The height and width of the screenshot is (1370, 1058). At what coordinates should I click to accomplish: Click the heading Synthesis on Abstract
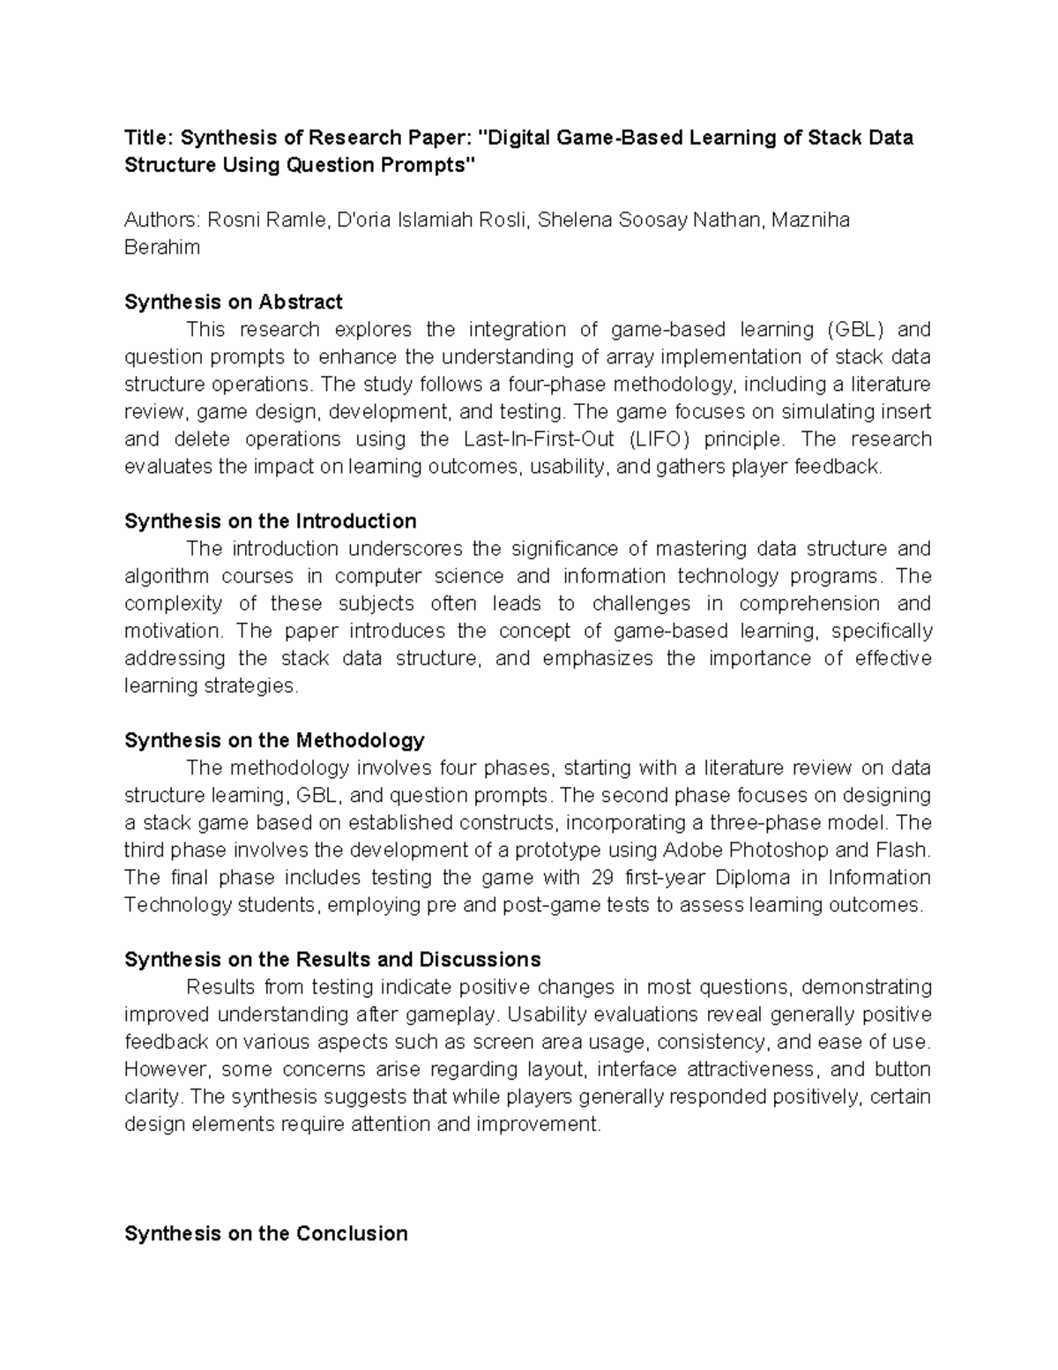[233, 302]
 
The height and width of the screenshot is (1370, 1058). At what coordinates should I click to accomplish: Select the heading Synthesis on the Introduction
[270, 520]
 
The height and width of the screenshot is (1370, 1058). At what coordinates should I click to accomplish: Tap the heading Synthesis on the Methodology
[274, 739]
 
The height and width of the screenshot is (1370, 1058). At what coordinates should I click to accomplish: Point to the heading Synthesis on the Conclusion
[265, 1233]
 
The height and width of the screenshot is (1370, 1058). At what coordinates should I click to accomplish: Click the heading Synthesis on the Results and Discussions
[332, 959]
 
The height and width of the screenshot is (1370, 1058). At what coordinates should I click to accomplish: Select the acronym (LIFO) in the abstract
[660, 438]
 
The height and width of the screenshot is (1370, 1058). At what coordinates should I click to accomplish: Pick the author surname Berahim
[162, 247]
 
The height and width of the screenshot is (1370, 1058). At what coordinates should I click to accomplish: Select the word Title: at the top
[149, 138]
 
